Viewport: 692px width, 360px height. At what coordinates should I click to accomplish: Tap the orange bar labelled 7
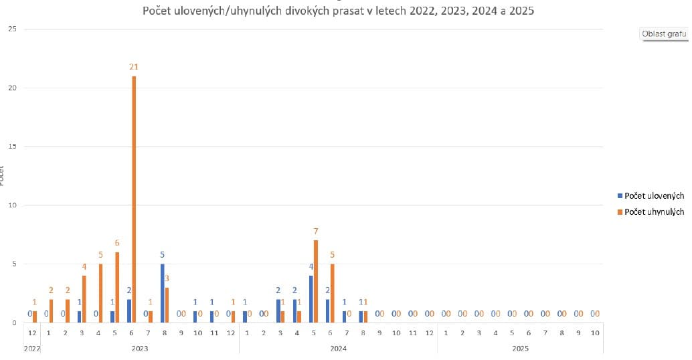click(x=315, y=281)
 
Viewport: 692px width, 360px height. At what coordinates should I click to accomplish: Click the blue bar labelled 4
click(x=311, y=298)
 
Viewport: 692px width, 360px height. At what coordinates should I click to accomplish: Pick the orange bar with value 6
click(x=117, y=287)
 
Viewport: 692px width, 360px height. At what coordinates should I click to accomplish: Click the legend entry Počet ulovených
click(x=653, y=196)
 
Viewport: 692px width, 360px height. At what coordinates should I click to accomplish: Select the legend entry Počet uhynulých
click(x=653, y=211)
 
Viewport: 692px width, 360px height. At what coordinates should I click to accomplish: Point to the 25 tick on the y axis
click(x=13, y=29)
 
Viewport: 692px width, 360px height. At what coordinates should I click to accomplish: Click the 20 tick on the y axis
click(x=13, y=88)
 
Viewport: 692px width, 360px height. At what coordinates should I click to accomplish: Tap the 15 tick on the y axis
click(x=13, y=147)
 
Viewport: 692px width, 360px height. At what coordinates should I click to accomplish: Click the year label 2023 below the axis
click(x=139, y=349)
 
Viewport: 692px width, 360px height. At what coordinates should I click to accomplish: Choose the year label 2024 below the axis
click(x=338, y=349)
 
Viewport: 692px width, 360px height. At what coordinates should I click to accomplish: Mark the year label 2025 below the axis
click(x=520, y=349)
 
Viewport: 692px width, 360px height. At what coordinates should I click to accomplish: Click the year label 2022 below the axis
click(x=32, y=349)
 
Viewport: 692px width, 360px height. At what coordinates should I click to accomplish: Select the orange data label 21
click(x=134, y=67)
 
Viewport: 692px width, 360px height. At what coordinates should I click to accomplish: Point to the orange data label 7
click(x=315, y=231)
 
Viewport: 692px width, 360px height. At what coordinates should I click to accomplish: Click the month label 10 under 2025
click(x=595, y=333)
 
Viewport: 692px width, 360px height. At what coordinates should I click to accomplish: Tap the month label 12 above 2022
click(x=32, y=333)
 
